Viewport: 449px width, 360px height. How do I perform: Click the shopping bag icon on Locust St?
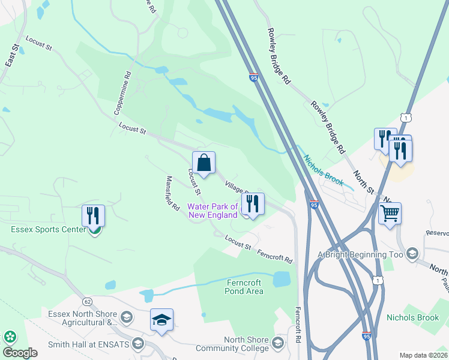click(x=203, y=163)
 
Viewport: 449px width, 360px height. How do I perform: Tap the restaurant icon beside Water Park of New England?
click(x=253, y=205)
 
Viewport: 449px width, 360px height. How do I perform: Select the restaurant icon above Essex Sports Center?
click(x=93, y=215)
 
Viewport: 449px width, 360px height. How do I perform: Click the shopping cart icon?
click(x=390, y=213)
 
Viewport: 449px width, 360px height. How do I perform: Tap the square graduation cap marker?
click(x=161, y=320)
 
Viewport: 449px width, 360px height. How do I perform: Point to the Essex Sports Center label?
click(x=48, y=229)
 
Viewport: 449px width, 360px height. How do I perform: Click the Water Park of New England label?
click(x=213, y=211)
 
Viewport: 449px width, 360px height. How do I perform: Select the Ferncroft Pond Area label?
click(x=245, y=287)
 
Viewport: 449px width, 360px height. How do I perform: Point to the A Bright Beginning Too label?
click(x=361, y=254)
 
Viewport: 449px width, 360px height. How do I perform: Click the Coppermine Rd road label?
click(x=123, y=94)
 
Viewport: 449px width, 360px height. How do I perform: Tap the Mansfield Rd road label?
click(x=173, y=193)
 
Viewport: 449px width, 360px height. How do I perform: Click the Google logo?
click(x=20, y=353)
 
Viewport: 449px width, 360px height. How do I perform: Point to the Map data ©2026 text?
click(x=423, y=355)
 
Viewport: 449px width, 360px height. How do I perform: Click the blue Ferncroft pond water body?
click(x=281, y=279)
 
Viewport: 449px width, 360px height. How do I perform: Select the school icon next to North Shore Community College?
click(x=277, y=343)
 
